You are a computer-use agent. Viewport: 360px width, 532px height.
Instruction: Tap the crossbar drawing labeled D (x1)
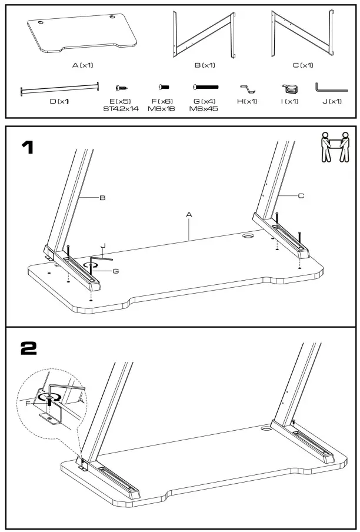(59, 89)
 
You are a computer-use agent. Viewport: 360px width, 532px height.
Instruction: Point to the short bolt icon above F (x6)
(164, 87)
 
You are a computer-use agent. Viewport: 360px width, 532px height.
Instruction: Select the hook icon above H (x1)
(248, 89)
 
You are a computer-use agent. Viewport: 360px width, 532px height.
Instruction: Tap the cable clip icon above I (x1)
(289, 89)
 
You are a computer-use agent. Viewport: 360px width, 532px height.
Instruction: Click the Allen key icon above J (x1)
(331, 88)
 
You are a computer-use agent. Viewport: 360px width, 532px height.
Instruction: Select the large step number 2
(29, 348)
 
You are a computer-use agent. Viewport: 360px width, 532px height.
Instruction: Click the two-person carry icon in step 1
(333, 147)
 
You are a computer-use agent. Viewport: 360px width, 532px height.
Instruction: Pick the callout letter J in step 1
(103, 246)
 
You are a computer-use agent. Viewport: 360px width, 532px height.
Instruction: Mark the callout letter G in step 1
(116, 270)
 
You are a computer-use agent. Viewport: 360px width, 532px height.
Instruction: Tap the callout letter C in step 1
(301, 196)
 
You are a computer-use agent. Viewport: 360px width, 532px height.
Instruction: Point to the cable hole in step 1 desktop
(248, 235)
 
